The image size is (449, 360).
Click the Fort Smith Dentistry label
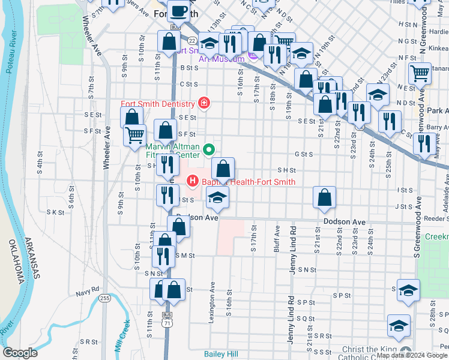(x=158, y=104)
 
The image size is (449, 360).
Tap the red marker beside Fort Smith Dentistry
(x=204, y=103)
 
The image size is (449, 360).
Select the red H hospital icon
(x=193, y=180)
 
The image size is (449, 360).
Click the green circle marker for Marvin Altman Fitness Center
(x=209, y=150)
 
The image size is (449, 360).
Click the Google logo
(x=20, y=353)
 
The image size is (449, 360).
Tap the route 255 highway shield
(x=105, y=298)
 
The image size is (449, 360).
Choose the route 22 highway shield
(x=190, y=40)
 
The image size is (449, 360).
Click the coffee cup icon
(x=178, y=10)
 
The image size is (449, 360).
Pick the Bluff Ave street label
(x=277, y=237)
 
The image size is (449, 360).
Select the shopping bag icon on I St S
(x=324, y=197)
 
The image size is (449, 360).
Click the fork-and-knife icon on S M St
(x=163, y=256)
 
